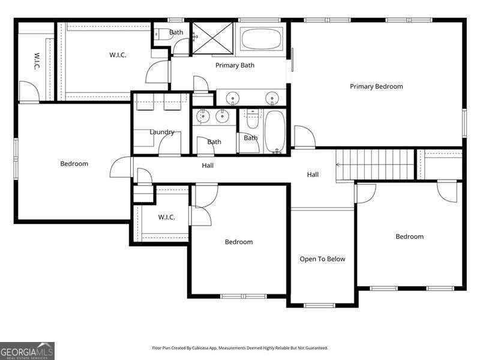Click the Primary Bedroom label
(376, 86)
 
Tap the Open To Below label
(322, 259)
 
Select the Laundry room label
(162, 132)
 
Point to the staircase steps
(375, 164)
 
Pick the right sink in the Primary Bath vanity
(271, 98)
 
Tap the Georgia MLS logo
(27, 350)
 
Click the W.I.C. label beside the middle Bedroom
(166, 217)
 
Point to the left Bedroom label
(74, 164)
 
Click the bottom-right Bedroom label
(409, 236)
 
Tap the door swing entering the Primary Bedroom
(304, 137)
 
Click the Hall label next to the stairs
(313, 175)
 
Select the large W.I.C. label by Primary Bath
(117, 55)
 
